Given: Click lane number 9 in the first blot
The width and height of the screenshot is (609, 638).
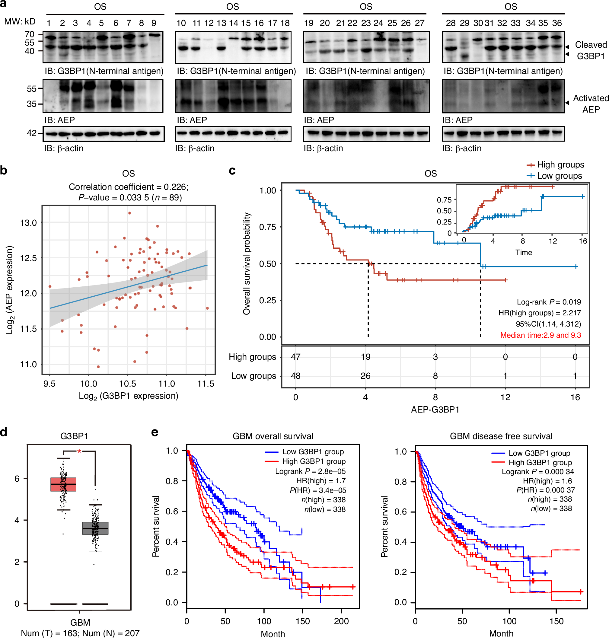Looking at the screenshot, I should (154, 23).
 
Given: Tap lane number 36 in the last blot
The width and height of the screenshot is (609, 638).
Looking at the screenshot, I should (557, 23).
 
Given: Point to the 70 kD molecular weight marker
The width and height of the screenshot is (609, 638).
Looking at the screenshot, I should (30, 34).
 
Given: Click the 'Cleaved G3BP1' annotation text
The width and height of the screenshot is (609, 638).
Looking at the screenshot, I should (591, 50).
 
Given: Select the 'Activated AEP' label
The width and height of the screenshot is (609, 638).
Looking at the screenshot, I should (591, 104).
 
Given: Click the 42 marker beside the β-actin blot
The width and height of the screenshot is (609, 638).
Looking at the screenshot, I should (31, 133).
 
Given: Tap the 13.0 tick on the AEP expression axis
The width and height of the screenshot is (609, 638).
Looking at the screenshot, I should (29, 223).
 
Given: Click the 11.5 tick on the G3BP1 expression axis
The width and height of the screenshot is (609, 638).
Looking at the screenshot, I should (206, 384).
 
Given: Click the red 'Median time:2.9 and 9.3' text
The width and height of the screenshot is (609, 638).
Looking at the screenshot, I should (540, 335).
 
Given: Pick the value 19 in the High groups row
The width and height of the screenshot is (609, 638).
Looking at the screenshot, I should (365, 357).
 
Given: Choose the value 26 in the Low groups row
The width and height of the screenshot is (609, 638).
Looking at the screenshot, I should (365, 376).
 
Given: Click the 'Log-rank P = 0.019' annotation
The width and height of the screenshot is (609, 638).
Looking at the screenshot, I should (549, 302).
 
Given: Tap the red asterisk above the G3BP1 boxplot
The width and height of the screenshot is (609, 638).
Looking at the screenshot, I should (79, 451).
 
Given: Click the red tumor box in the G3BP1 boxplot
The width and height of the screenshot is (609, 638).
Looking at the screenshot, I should (63, 484).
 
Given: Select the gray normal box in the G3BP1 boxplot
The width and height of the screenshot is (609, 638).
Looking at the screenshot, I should (95, 528).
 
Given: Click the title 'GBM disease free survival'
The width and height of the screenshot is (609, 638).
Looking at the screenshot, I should (501, 436).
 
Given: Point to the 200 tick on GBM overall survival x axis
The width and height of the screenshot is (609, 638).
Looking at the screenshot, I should (341, 621).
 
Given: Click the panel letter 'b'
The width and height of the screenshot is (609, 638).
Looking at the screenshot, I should (4, 170).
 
